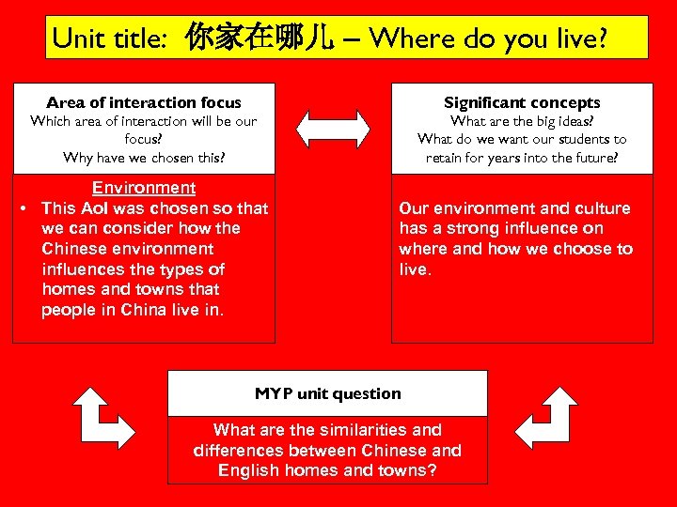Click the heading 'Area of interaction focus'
tap(144, 102)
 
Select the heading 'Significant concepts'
tap(522, 102)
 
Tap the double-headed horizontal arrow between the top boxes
tap(334, 128)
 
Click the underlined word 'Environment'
tap(144, 188)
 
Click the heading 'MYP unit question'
tap(327, 393)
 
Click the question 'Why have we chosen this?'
tap(144, 157)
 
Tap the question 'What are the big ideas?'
tap(522, 121)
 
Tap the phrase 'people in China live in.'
tap(133, 310)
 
